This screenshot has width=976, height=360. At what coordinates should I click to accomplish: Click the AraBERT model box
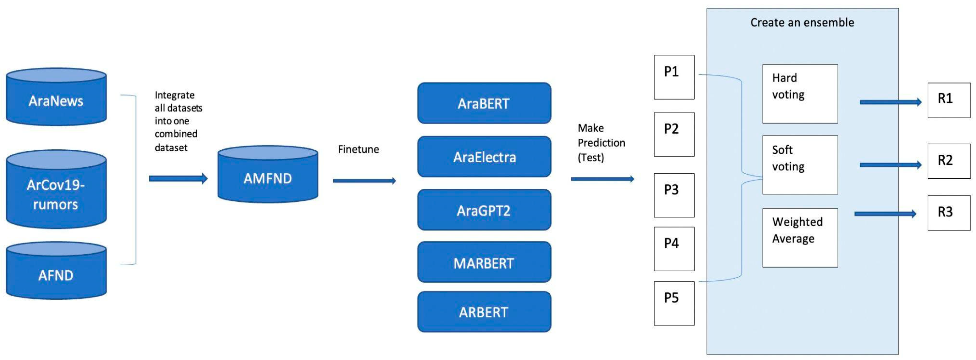(x=484, y=103)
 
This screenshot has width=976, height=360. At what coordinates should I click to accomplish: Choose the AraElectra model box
(x=484, y=156)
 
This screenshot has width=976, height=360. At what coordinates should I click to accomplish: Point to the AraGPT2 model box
(x=484, y=210)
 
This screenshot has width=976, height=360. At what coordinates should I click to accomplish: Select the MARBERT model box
(x=484, y=262)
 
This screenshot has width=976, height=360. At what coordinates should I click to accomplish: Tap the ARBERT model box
(x=484, y=312)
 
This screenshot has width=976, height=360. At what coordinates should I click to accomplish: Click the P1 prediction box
(x=674, y=77)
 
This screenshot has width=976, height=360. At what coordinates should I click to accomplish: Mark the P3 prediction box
(x=674, y=195)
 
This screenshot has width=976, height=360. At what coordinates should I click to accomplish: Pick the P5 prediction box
(x=674, y=303)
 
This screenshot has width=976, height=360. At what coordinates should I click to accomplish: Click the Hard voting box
(x=800, y=93)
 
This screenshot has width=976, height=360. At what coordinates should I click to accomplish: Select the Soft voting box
(x=800, y=165)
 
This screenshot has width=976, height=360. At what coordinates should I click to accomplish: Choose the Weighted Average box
(x=800, y=238)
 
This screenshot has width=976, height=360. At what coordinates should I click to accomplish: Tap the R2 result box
(x=949, y=161)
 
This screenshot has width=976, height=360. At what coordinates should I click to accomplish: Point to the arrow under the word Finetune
(x=364, y=181)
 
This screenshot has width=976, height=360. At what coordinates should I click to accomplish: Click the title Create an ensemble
(x=802, y=22)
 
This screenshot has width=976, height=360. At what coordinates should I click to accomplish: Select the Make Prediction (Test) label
(x=601, y=143)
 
